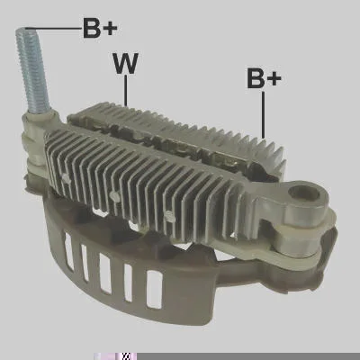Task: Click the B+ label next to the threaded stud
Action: (100, 29)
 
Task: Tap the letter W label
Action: (125, 63)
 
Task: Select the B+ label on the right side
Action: (264, 78)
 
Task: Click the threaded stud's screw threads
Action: (33, 69)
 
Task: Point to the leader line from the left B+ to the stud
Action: (53, 29)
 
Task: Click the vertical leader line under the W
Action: (126, 90)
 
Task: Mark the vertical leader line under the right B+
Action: (264, 114)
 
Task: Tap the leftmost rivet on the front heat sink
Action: (66, 179)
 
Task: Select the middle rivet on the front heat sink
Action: (114, 196)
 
